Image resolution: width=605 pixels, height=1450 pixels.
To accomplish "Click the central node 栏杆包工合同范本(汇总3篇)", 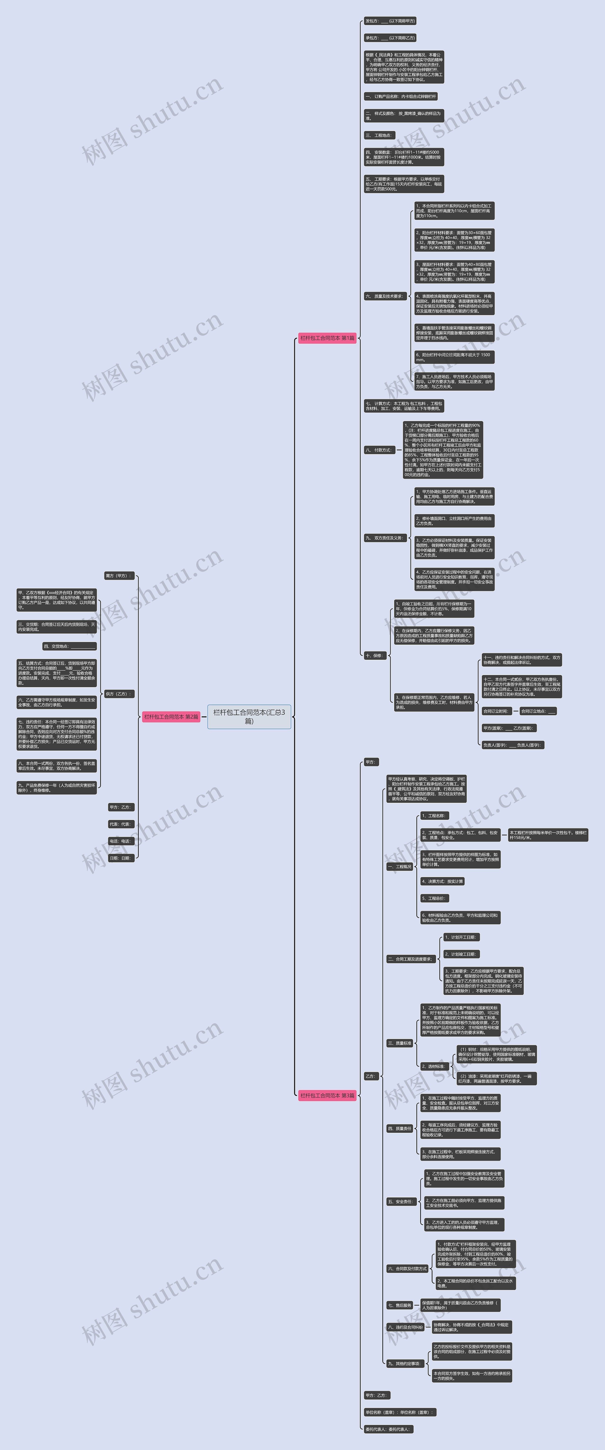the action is tap(249, 717).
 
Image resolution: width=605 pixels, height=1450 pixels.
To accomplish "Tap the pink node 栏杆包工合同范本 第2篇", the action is tap(171, 717).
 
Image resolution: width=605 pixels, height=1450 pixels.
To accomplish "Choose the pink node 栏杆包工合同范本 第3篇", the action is tap(327, 1095).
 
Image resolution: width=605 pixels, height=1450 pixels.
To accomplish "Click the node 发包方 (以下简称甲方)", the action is tap(390, 21).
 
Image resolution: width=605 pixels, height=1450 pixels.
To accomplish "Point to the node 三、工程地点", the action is tap(379, 135).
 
